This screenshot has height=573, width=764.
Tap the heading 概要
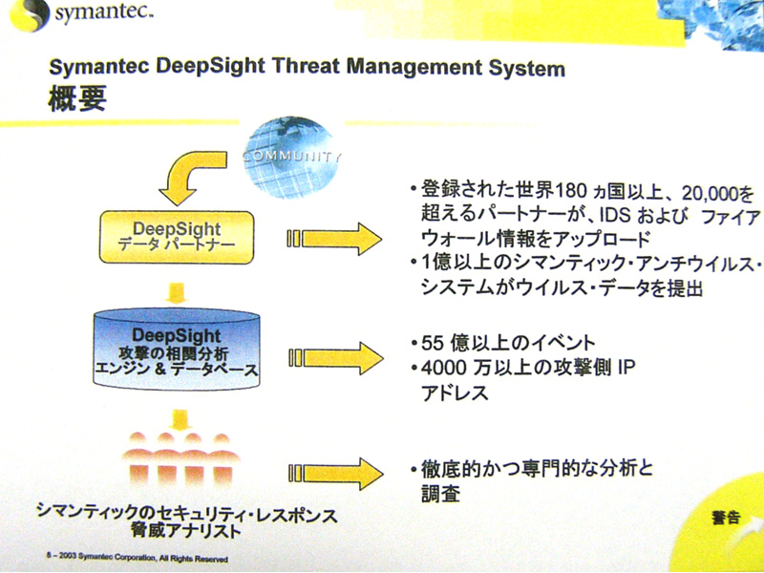pos(77,99)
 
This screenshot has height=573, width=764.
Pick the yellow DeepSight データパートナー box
pos(177,237)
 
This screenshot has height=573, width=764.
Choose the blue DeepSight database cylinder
pos(177,349)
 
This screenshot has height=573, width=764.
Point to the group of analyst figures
pos(180,459)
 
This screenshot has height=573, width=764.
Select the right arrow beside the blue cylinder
pos(335,358)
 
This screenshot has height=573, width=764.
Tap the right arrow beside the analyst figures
pos(335,474)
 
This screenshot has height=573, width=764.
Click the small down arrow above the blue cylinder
pos(176,293)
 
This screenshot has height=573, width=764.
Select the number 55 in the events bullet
pos(433,344)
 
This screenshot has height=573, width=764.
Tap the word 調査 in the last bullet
pos(440,494)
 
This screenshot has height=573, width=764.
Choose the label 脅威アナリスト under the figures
pos(185,531)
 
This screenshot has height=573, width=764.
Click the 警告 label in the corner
pos(727,518)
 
